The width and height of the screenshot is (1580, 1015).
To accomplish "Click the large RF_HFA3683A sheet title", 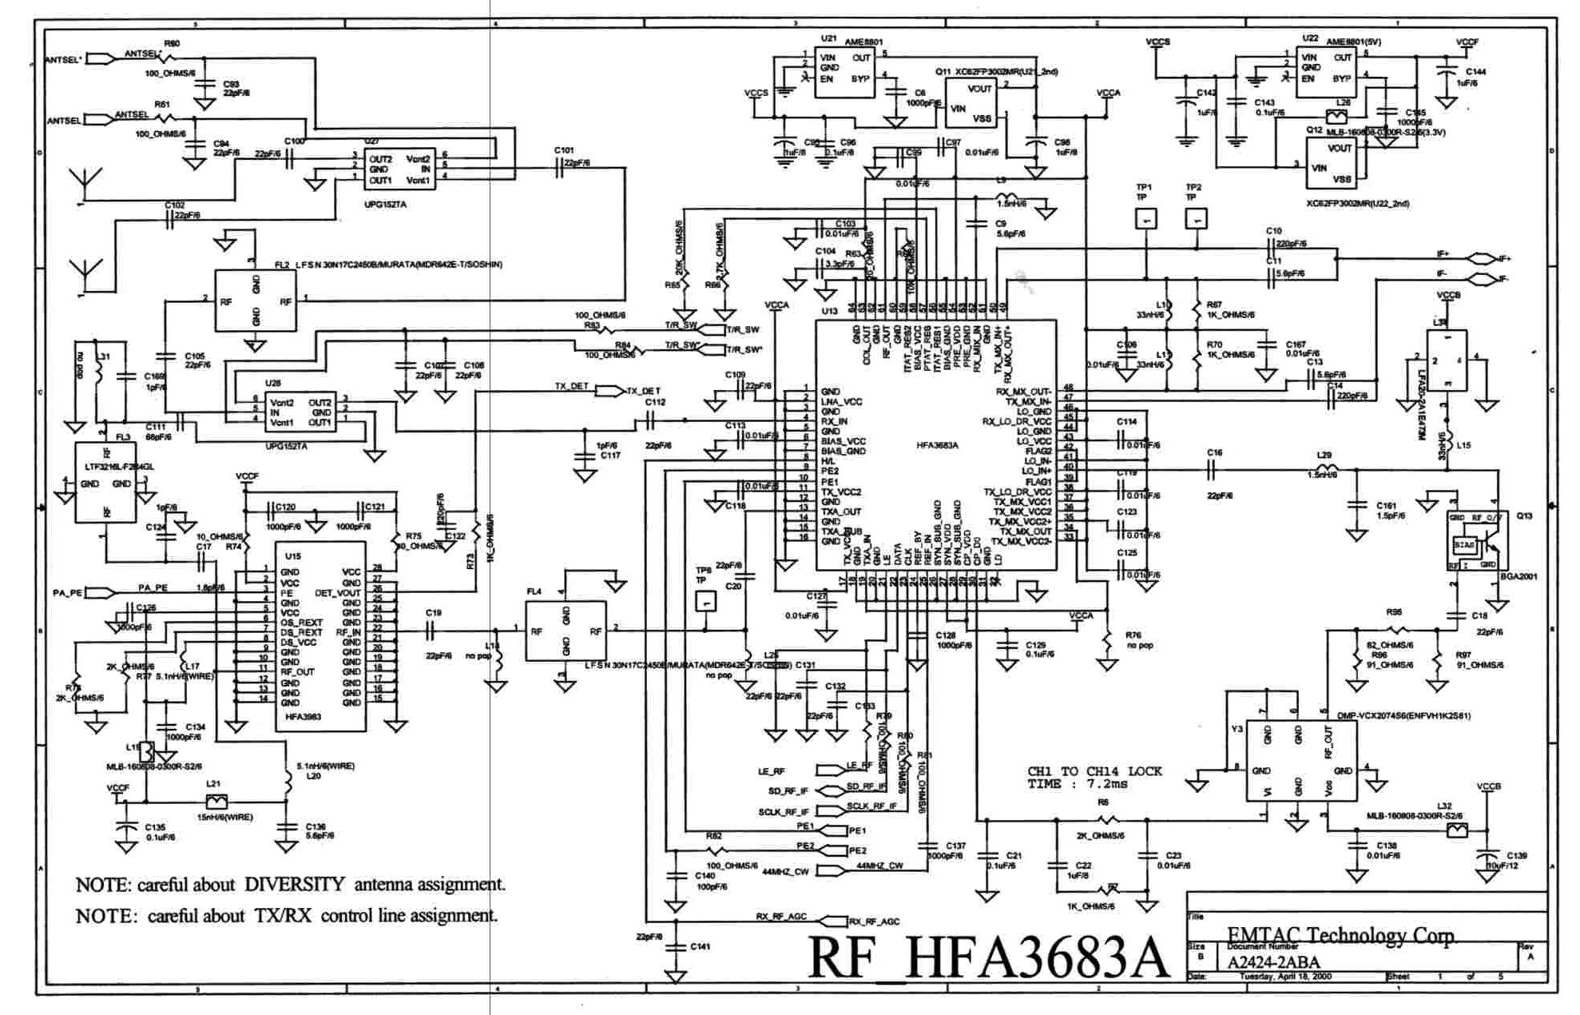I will [x=989, y=955].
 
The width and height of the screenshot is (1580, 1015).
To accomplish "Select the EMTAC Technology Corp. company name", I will [x=1342, y=935].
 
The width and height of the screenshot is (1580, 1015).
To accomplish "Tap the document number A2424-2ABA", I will [x=1273, y=961].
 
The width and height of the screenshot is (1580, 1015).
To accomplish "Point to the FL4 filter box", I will [x=566, y=631].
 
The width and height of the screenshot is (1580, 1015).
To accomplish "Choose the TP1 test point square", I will [x=1145, y=218].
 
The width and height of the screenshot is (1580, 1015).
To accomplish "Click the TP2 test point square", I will [x=1195, y=218].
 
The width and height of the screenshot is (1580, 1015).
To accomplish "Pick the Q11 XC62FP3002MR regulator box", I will [x=971, y=103].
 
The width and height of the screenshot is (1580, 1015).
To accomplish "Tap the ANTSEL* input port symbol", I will [x=99, y=58].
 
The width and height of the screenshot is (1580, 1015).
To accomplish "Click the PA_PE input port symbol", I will [x=99, y=593].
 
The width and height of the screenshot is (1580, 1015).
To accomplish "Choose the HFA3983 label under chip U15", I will [x=304, y=717].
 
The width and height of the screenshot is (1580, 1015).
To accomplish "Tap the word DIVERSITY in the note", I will [x=294, y=884].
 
